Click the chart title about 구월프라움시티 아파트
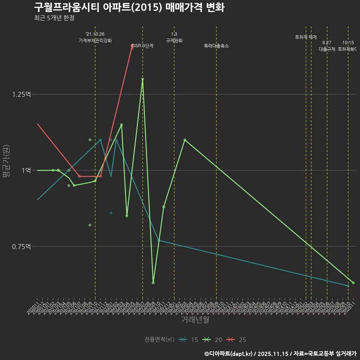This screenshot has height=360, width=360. pyautogui.click(x=129, y=7)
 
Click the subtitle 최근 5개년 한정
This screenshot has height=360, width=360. pyautogui.click(x=56, y=18)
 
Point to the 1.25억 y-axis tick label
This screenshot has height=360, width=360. pyautogui.click(x=22, y=94)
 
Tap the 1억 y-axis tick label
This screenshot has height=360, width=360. pyautogui.click(x=26, y=170)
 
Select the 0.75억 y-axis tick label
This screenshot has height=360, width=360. pyautogui.click(x=22, y=246)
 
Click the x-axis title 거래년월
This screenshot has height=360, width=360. pyautogui.click(x=195, y=319)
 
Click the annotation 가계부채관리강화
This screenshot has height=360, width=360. pyautogui.click(x=95, y=40)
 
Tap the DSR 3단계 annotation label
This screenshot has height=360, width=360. pyautogui.click(x=142, y=46)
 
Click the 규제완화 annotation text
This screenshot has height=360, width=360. pyautogui.click(x=174, y=40)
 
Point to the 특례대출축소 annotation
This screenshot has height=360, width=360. pyautogui.click(x=216, y=46)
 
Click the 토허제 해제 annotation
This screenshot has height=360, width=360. pyautogui.click(x=306, y=37)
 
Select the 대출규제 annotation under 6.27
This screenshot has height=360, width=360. pyautogui.click(x=327, y=49)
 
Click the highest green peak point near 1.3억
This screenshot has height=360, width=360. pyautogui.click(x=142, y=79)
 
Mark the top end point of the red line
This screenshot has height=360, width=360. pyautogui.click(x=132, y=46)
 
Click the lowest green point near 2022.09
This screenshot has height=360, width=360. pyautogui.click(x=153, y=283)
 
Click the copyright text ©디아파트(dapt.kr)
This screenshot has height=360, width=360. pyautogui.click(x=229, y=353)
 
